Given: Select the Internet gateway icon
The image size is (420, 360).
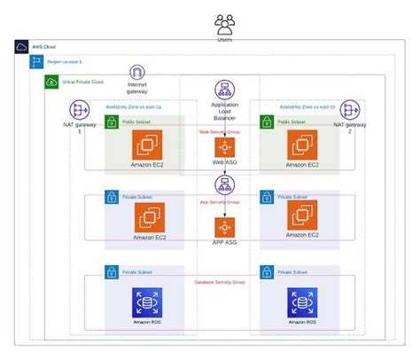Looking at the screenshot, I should coord(137,74).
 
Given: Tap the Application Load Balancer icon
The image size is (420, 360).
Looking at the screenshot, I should coord(224,89).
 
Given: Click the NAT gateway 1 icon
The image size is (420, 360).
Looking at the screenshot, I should coord(81,111).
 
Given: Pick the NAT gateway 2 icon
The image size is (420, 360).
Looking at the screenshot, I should coord(350,111).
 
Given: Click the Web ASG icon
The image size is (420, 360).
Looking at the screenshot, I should coord(224,147).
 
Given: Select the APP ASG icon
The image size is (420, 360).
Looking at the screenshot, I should coord(224,225).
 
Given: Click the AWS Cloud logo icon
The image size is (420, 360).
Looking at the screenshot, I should coord(22,46).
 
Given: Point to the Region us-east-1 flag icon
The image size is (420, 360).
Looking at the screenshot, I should coord(36,61).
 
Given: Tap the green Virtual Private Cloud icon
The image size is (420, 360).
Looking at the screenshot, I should coord(51,82).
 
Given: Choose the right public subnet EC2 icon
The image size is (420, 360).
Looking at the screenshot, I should coord(302,145).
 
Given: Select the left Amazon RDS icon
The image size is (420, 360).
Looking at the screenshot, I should coord(147,302).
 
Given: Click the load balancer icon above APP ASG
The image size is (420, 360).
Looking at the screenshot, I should coord(224,184).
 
